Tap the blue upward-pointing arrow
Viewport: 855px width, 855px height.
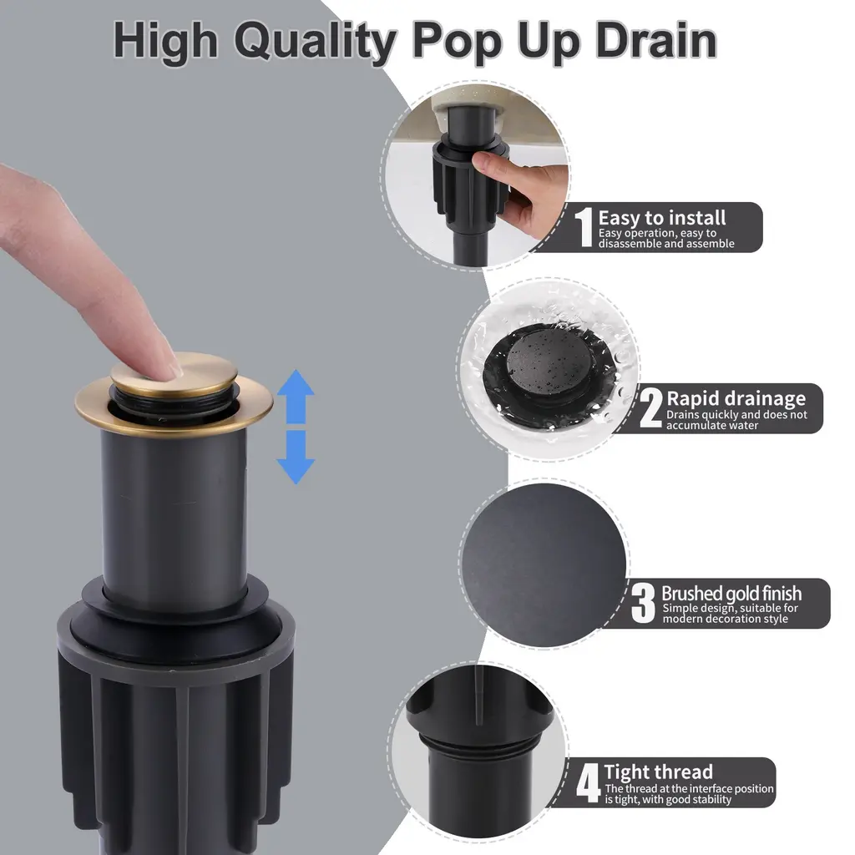pos(296,397)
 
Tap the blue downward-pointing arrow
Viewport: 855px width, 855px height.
pos(296,457)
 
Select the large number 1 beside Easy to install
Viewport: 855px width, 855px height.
pos(584,227)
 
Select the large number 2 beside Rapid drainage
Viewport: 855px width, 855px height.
pos(650,407)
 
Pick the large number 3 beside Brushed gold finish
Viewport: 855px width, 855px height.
pos(643,603)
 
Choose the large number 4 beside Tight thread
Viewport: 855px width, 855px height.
pos(589,783)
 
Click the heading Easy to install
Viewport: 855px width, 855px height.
pos(662,218)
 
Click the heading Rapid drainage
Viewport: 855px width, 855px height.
pos(736,398)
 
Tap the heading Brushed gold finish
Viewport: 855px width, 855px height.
pos(731,594)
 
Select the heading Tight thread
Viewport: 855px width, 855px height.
pos(658,772)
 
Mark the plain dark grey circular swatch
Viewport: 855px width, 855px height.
pos(544,565)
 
